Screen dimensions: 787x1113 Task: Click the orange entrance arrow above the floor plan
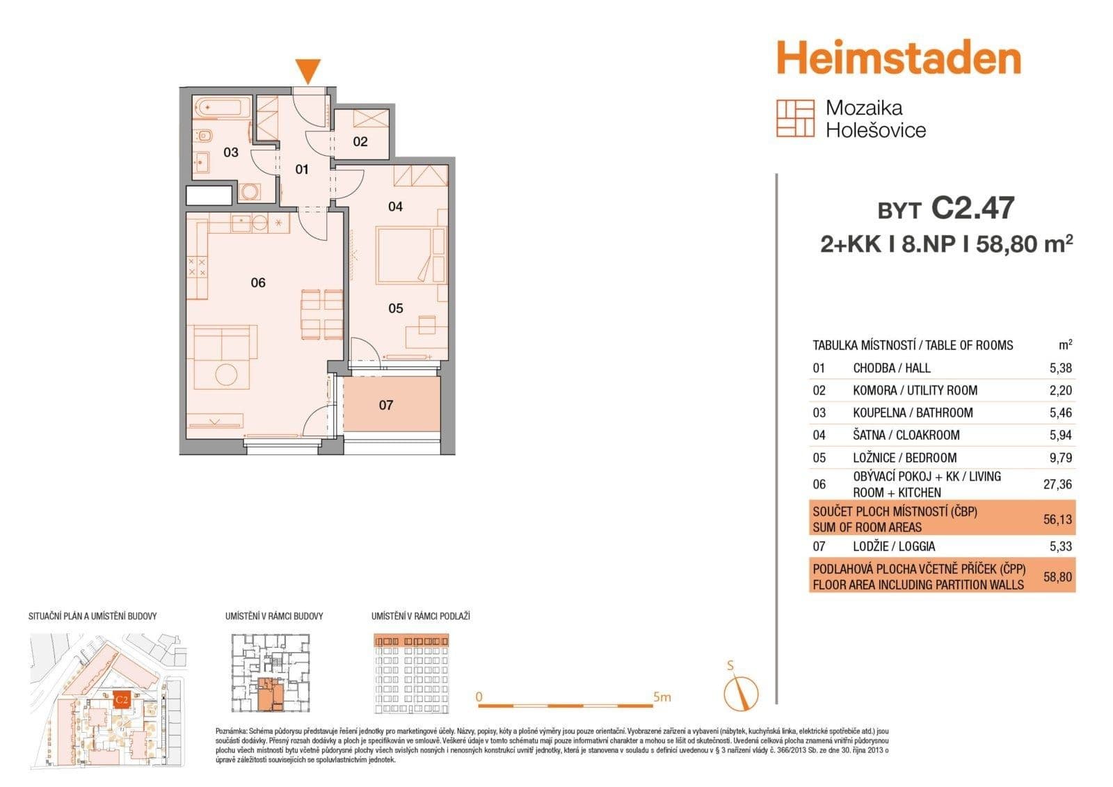pyautogui.click(x=308, y=71)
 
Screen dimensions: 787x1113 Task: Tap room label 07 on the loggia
pyautogui.click(x=386, y=405)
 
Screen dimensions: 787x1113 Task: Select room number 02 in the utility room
pyautogui.click(x=360, y=142)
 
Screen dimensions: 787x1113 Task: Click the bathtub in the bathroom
pyautogui.click(x=221, y=108)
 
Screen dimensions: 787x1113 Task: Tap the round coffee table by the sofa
pyautogui.click(x=226, y=374)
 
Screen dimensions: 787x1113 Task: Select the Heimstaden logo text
pyautogui.click(x=898, y=58)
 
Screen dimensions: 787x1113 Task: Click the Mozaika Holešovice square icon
pyautogui.click(x=795, y=118)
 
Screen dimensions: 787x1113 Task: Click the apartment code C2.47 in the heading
pyautogui.click(x=972, y=208)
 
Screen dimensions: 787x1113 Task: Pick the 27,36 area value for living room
pyautogui.click(x=1057, y=484)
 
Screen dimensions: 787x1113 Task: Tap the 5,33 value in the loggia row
pyautogui.click(x=1060, y=547)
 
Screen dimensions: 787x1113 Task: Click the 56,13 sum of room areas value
pyautogui.click(x=1057, y=519)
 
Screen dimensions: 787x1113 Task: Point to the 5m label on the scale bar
pyautogui.click(x=662, y=697)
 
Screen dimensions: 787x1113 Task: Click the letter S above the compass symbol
pyautogui.click(x=730, y=666)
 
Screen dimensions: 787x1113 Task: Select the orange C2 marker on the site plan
pyautogui.click(x=121, y=699)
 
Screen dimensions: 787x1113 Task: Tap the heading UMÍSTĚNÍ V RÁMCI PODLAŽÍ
pyautogui.click(x=420, y=617)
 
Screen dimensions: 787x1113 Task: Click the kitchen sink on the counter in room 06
pyautogui.click(x=242, y=223)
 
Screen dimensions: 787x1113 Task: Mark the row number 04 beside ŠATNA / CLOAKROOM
pyautogui.click(x=819, y=436)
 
